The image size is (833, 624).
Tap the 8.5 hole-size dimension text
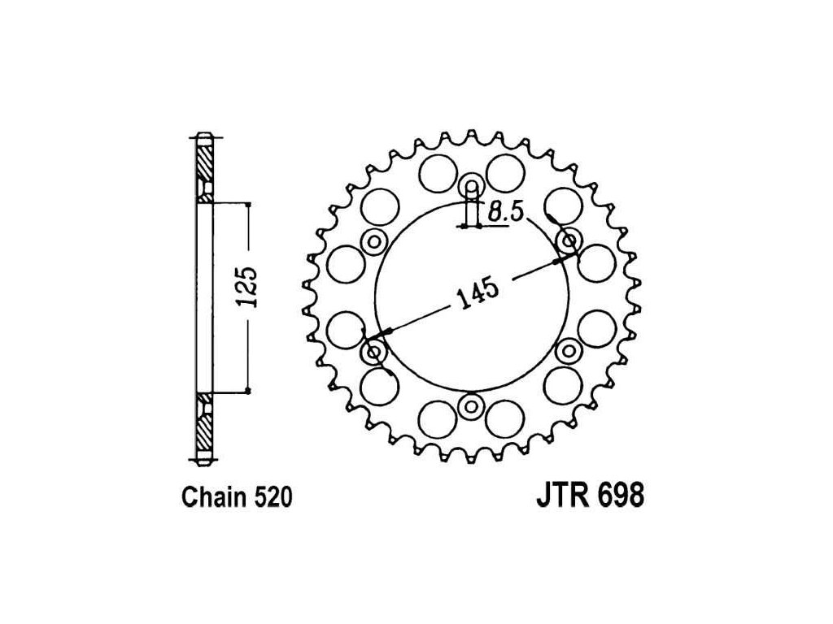click(x=506, y=212)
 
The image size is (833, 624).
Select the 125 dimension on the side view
click(x=247, y=287)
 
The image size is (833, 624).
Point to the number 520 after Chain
click(x=273, y=498)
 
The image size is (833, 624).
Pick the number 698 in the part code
click(x=621, y=495)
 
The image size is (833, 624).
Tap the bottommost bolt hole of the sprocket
click(x=471, y=407)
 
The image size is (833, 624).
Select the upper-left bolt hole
click(x=374, y=242)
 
